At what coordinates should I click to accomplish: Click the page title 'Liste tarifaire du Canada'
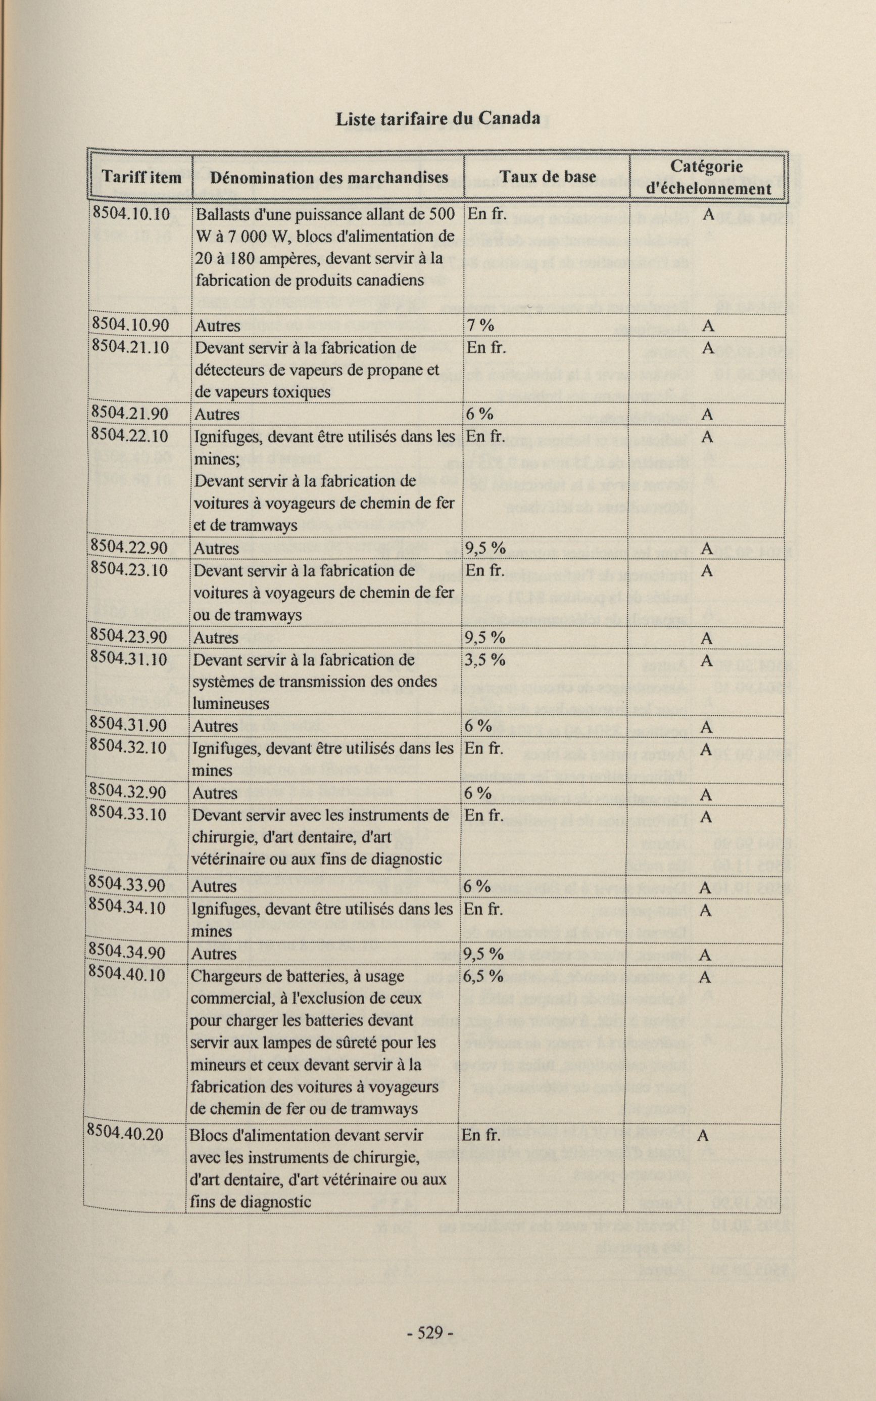click(437, 119)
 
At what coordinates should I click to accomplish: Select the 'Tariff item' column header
click(141, 177)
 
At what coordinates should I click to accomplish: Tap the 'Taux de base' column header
click(548, 176)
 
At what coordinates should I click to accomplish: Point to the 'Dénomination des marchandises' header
click(329, 177)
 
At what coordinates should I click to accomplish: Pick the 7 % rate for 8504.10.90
click(481, 325)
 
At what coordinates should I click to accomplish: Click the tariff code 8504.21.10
click(130, 347)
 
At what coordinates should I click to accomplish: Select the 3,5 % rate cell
click(485, 660)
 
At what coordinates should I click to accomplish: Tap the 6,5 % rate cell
click(483, 976)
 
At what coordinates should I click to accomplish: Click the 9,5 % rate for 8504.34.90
click(483, 954)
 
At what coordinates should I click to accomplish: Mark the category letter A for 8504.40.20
click(703, 1136)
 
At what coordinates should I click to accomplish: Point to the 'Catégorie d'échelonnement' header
click(706, 177)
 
